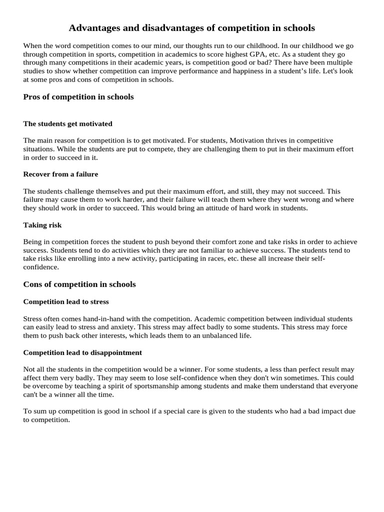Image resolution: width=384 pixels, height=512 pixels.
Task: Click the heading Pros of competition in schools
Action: click(78, 97)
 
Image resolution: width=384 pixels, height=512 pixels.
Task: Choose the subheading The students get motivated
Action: click(67, 123)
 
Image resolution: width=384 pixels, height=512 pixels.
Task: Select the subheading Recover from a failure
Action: click(60, 174)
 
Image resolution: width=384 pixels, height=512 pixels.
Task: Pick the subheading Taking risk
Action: click(42, 225)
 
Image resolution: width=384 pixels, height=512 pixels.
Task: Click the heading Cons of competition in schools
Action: click(79, 284)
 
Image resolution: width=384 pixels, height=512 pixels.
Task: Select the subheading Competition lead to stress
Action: click(66, 302)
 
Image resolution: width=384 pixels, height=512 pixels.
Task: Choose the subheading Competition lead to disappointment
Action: click(82, 352)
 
